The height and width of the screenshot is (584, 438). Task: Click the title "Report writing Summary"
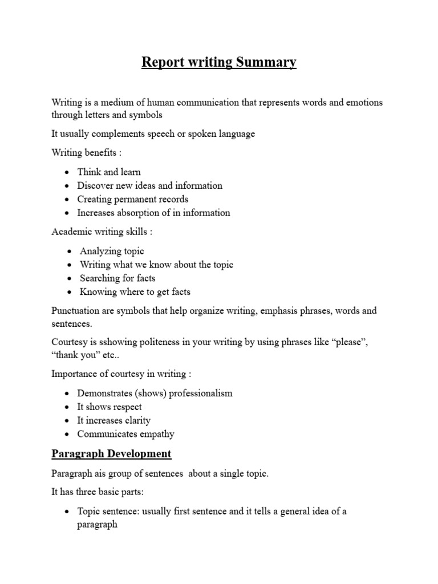[x=219, y=62]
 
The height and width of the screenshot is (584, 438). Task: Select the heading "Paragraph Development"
[x=111, y=454]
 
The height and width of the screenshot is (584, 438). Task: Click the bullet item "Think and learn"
[x=109, y=172]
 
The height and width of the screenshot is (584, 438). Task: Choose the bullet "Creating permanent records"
[x=133, y=199]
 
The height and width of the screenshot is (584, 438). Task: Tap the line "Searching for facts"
[x=117, y=278]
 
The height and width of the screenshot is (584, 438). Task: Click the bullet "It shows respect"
[x=109, y=407]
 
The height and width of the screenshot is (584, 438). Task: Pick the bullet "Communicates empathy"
[x=126, y=434]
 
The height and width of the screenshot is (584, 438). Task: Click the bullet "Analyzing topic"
[x=112, y=251]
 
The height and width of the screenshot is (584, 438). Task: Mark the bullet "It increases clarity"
[x=114, y=420]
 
